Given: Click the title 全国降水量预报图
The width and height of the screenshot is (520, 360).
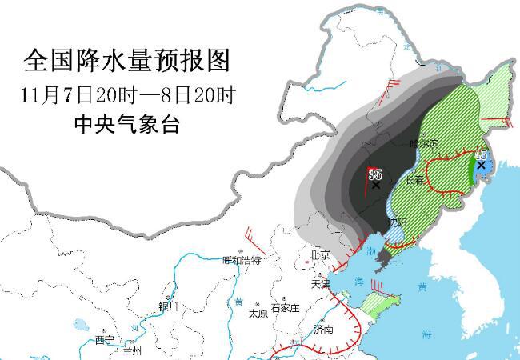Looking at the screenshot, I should click(126, 59).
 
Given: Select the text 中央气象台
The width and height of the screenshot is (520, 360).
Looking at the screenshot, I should click(126, 125).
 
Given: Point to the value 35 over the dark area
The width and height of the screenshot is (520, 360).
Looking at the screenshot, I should click(374, 174).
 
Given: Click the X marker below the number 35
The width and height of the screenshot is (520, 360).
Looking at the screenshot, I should click(376, 185).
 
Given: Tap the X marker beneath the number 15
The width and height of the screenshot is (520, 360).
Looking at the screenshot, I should click(481, 165).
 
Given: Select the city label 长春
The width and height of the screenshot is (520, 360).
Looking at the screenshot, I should click(414, 181).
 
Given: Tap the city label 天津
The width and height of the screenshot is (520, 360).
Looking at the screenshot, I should click(320, 283).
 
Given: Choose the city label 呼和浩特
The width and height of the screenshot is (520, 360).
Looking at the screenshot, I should click(242, 260).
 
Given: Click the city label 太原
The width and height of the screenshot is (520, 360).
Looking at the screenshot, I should click(258, 314).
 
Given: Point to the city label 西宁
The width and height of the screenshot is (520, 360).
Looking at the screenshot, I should click(105, 340).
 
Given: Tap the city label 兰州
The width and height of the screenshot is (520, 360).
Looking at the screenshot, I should click(131, 350).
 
